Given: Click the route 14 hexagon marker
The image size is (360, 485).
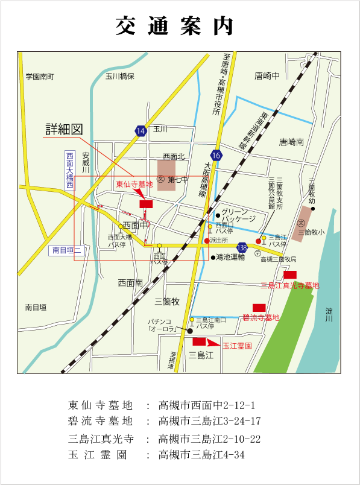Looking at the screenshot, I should coord(141,131).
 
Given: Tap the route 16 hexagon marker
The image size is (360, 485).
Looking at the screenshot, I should coord(216,156).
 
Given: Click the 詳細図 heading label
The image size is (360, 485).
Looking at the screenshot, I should coord(64,130).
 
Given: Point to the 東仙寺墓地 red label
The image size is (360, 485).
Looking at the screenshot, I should coord(134,185).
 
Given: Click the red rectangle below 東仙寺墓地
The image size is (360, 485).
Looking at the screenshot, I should coord(146,204).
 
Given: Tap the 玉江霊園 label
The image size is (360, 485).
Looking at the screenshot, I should coord(237,346).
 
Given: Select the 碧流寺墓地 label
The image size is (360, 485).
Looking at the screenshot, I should coord(261,317).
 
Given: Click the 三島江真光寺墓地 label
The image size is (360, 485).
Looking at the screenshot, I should coord(289,285).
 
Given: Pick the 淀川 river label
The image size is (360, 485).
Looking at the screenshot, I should coord(329,314).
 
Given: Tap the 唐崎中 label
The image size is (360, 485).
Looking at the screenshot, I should coord(268,76).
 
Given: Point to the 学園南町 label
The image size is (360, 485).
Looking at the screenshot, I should coord(40,77).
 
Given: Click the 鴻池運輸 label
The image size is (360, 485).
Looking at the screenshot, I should coord(232,258).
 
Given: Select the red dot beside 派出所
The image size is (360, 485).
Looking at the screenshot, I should coord(207,241).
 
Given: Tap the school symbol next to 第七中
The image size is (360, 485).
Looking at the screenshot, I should coord(160,179).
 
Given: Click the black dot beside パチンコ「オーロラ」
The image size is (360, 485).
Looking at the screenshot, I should coord(190,331).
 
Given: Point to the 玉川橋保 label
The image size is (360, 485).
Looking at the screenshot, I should coord(119,77).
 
